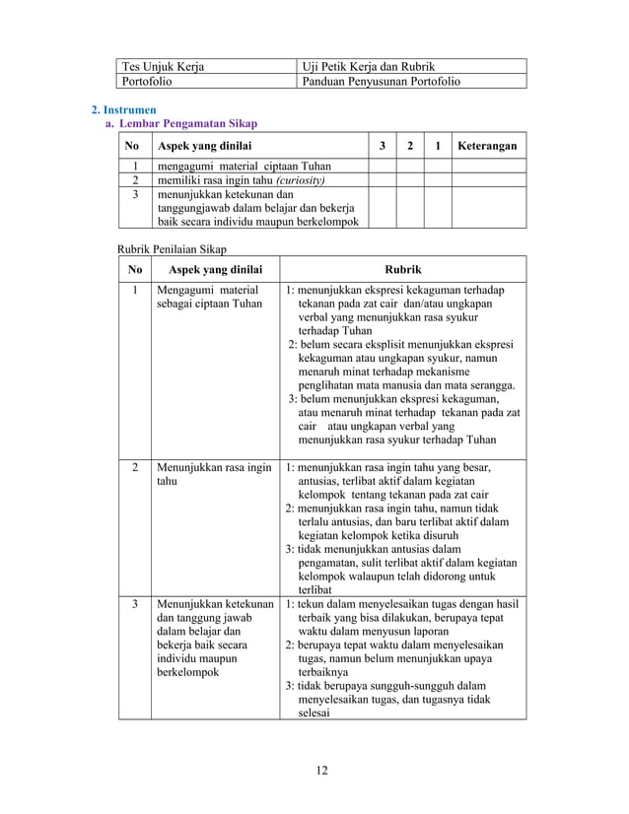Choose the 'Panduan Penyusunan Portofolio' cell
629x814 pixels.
(x=381, y=81)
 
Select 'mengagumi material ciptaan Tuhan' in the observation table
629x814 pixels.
(x=233, y=166)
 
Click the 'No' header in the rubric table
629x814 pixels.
(x=135, y=269)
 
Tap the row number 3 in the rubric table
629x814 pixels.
(x=135, y=603)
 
